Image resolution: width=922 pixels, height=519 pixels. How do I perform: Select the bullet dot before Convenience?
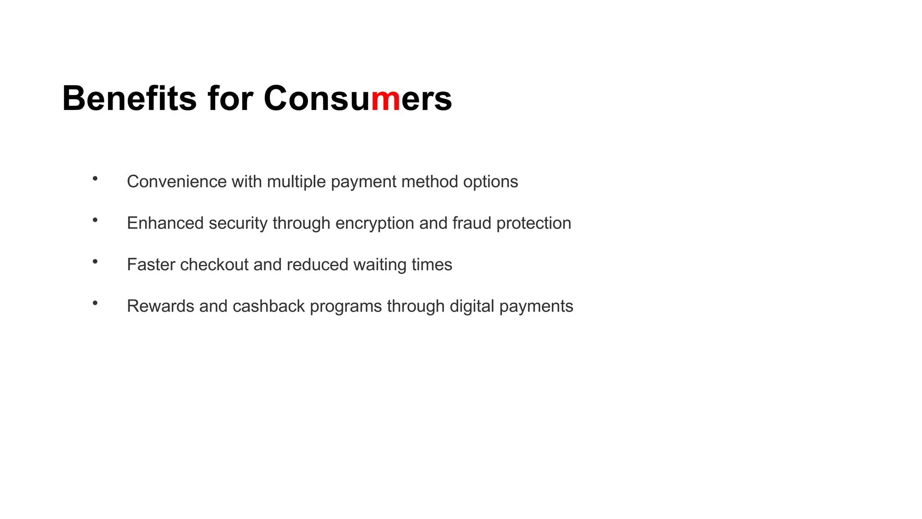95,179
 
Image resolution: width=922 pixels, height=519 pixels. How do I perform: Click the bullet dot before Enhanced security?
95,220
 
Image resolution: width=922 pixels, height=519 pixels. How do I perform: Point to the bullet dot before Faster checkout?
95,262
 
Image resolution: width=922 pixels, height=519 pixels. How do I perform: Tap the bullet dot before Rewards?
95,303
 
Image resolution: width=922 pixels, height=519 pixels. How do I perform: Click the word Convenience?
176,182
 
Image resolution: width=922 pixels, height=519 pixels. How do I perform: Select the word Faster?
151,264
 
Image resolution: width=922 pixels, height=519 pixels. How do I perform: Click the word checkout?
214,264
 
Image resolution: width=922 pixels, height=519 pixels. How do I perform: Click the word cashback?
269,306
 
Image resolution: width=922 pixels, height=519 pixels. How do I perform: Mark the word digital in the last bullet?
472,306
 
